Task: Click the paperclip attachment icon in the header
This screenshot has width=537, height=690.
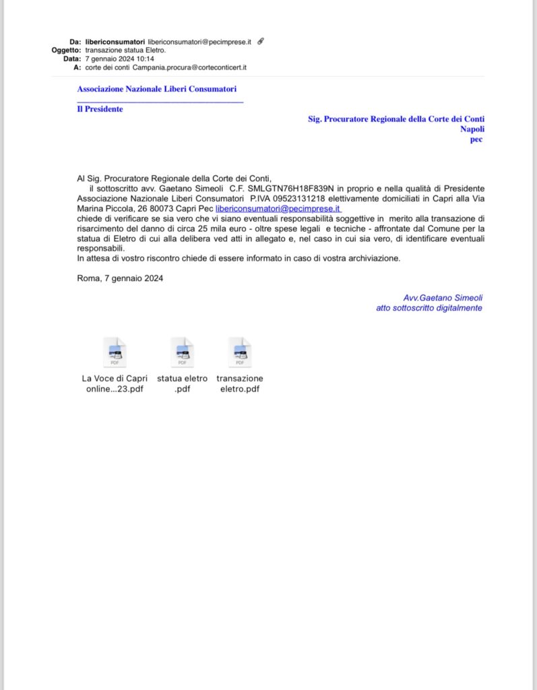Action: [x=261, y=41]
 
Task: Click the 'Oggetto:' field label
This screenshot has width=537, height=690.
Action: [x=66, y=50]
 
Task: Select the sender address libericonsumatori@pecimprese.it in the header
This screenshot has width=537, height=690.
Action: [x=199, y=42]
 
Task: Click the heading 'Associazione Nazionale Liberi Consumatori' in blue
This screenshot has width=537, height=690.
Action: [x=157, y=89]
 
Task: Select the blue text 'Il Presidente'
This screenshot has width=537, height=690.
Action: [x=100, y=109]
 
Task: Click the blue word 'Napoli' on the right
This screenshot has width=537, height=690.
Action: [x=472, y=129]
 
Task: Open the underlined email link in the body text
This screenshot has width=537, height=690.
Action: [x=278, y=209]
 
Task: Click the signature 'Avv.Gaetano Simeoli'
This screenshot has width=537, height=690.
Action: [x=443, y=298]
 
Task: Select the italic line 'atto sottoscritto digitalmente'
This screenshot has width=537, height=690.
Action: [x=429, y=308]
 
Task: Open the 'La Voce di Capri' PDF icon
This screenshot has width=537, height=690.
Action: [x=115, y=352]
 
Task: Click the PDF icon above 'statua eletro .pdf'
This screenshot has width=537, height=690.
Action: [x=182, y=352]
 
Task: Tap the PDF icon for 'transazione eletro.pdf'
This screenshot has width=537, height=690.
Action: [x=240, y=352]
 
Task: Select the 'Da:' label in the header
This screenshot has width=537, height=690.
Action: [x=75, y=42]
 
